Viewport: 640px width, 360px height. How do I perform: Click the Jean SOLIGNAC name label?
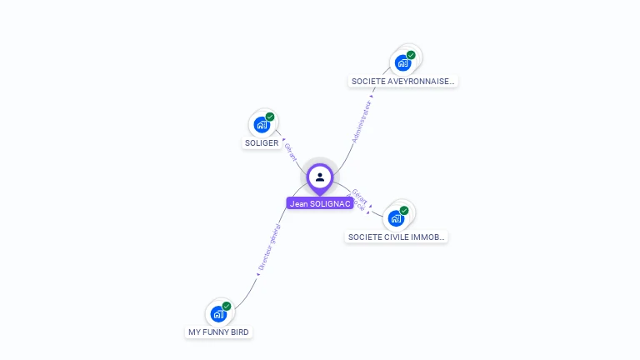[320, 203]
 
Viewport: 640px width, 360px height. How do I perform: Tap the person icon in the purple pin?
[320, 177]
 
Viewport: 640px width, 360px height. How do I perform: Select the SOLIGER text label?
[262, 142]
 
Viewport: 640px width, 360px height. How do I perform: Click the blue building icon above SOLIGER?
[262, 125]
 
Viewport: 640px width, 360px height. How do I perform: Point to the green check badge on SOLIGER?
[270, 117]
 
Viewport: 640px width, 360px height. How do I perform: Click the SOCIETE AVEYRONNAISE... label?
[403, 82]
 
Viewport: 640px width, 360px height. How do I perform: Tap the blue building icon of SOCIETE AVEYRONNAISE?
[402, 62]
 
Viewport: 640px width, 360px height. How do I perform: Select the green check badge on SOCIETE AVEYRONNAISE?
[411, 55]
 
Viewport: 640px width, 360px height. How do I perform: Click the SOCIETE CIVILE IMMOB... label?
[397, 237]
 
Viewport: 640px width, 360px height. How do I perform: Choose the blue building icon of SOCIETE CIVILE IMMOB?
[396, 218]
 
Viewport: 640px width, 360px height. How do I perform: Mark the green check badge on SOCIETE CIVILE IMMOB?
[404, 211]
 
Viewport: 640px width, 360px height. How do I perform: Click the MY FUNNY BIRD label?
[218, 332]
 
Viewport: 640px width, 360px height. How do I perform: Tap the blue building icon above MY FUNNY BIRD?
[217, 314]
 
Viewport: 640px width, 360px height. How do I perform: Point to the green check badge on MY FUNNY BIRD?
[226, 307]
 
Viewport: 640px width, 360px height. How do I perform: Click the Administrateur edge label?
[363, 122]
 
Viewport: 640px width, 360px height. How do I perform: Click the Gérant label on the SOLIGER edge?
[291, 151]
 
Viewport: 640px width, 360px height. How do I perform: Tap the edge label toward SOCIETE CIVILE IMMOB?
[358, 198]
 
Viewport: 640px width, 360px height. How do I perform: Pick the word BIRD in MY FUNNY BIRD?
[238, 332]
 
